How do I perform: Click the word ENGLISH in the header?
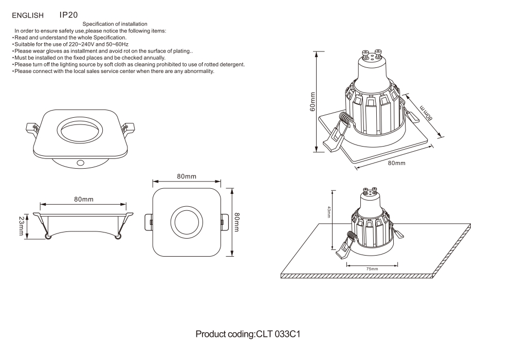(x=26, y=15)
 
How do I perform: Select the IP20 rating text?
(x=69, y=15)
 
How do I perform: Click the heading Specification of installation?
(x=115, y=24)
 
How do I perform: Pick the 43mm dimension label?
(x=329, y=212)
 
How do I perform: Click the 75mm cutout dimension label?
(x=372, y=269)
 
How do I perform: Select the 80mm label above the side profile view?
(x=83, y=199)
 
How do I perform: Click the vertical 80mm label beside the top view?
(x=237, y=222)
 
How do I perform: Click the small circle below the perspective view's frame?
(x=80, y=163)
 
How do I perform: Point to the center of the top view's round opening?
(x=187, y=222)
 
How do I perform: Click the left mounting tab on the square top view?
(x=150, y=222)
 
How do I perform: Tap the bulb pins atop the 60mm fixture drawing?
(x=372, y=53)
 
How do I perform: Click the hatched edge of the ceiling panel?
(x=360, y=276)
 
